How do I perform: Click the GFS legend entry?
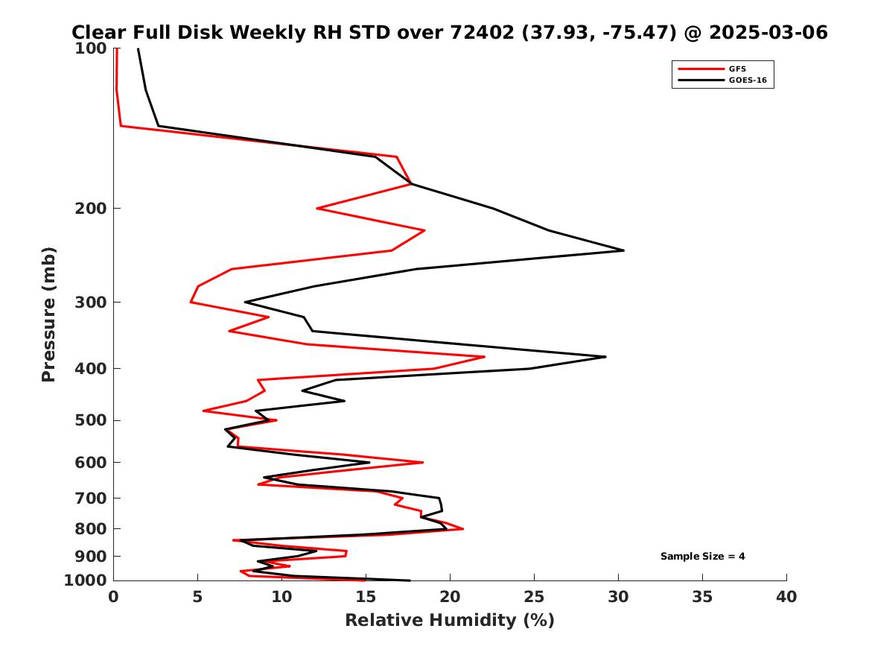click(736, 69)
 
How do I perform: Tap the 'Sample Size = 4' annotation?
click(702, 556)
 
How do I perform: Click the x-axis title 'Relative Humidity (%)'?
click(449, 620)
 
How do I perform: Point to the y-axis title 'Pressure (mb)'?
click(49, 314)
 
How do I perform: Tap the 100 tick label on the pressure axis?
click(90, 48)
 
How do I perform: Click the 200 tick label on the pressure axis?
click(90, 208)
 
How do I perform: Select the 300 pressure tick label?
click(90, 302)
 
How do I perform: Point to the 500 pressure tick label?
click(90, 420)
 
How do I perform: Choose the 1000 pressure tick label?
click(86, 580)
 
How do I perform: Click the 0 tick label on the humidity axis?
click(113, 596)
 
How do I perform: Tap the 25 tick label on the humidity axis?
click(534, 596)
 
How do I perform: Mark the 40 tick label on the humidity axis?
click(786, 596)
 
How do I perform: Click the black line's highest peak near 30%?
click(623, 250)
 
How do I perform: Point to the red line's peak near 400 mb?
click(485, 357)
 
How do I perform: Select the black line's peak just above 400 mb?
click(605, 357)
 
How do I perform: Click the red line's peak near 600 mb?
click(423, 463)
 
